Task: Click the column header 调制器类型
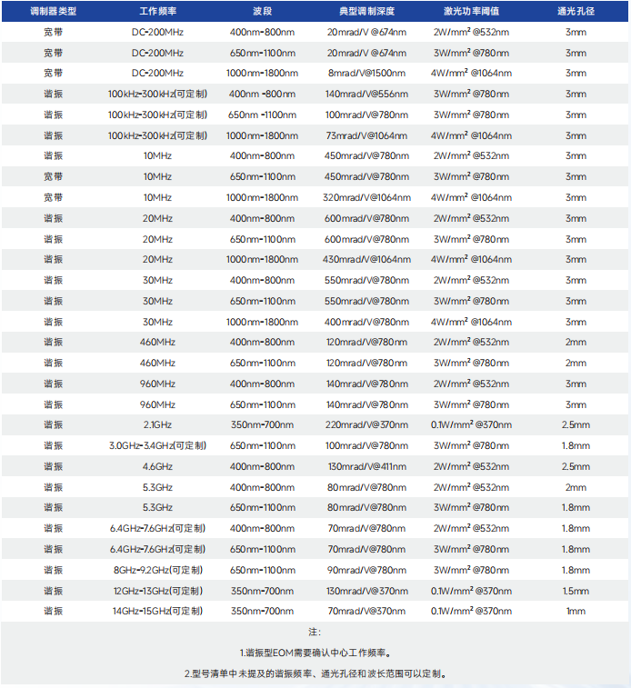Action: (x=54, y=11)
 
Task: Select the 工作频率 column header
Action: (x=157, y=11)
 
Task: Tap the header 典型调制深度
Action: (x=366, y=11)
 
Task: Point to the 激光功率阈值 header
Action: (x=471, y=11)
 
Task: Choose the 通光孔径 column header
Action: (x=576, y=11)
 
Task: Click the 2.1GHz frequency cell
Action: (x=157, y=424)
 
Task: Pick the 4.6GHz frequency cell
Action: (x=157, y=466)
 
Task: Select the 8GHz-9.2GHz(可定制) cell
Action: (x=157, y=570)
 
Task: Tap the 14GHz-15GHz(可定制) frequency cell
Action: (x=157, y=611)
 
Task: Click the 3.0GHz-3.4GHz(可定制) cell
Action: (x=157, y=445)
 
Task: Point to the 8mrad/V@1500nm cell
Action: (x=366, y=73)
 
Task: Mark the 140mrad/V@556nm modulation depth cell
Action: (x=366, y=94)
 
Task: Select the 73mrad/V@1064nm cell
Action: (x=366, y=135)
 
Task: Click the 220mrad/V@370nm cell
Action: (x=366, y=424)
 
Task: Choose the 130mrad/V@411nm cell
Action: (x=366, y=466)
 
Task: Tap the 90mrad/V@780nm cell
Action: (x=366, y=570)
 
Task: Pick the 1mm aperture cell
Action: (x=576, y=611)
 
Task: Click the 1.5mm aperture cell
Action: (x=576, y=590)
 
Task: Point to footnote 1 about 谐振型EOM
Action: (x=315, y=653)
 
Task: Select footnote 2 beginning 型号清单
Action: (x=315, y=673)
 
